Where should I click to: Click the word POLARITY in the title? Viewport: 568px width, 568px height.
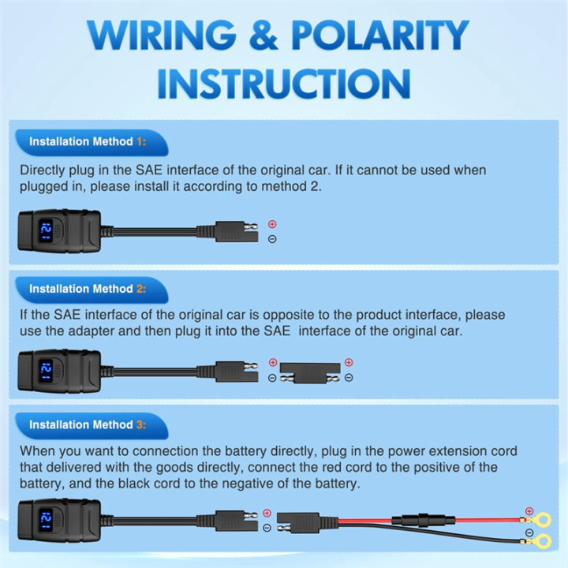tap(379, 35)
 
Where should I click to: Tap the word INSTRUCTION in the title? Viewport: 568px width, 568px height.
tap(284, 84)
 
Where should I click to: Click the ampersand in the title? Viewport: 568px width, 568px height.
tap(263, 35)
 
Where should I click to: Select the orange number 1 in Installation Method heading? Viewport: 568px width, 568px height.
tap(140, 141)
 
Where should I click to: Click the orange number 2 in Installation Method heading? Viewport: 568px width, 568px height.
tap(140, 289)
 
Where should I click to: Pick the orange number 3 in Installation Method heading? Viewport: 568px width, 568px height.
tap(140, 424)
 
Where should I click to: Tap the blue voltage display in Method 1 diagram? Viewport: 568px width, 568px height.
tap(46, 230)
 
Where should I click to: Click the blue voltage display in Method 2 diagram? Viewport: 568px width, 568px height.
tap(46, 371)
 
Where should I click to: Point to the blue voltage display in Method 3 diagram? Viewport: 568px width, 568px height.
tap(46, 520)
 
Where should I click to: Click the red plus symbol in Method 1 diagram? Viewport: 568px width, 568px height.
tap(272, 224)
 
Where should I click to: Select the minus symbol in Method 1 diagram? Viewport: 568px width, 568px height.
tap(272, 239)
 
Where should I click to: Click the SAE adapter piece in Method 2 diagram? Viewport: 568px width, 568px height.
tap(310, 373)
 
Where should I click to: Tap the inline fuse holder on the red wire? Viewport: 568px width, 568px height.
tap(424, 520)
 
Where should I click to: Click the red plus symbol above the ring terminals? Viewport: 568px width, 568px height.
tap(529, 511)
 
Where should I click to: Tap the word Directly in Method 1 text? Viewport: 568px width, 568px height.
tap(42, 170)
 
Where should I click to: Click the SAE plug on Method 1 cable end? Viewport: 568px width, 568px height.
tap(236, 231)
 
